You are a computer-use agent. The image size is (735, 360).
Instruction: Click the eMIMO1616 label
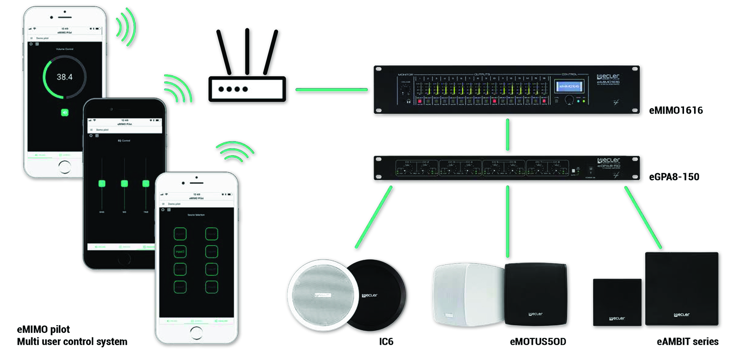[676, 111]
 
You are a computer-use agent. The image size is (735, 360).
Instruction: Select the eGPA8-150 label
[674, 177]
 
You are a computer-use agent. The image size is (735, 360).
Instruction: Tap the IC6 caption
[386, 342]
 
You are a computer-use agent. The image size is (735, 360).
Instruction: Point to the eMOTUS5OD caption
[537, 342]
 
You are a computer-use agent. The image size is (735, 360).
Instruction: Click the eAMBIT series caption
[687, 342]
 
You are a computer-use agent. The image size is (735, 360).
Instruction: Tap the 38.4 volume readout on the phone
[64, 77]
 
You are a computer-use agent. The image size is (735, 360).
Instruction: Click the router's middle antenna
[247, 51]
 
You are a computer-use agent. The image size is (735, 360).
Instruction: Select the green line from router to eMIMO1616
[332, 90]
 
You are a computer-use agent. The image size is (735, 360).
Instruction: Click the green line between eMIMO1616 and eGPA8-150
[507, 134]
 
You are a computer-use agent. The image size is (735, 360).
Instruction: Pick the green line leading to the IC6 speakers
[374, 217]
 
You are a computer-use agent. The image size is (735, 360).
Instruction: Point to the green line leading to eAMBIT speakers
[643, 217]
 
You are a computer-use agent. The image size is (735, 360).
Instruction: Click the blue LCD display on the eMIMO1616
[569, 86]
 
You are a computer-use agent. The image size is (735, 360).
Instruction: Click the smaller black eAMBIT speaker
[617, 302]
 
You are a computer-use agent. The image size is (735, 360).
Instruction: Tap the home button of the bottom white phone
[196, 332]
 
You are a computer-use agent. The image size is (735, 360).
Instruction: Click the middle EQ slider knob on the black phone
[124, 184]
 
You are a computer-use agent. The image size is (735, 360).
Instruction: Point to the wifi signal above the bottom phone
[234, 151]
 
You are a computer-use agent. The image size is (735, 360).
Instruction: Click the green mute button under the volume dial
[65, 112]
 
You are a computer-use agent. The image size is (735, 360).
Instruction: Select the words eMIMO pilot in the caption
[43, 329]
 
